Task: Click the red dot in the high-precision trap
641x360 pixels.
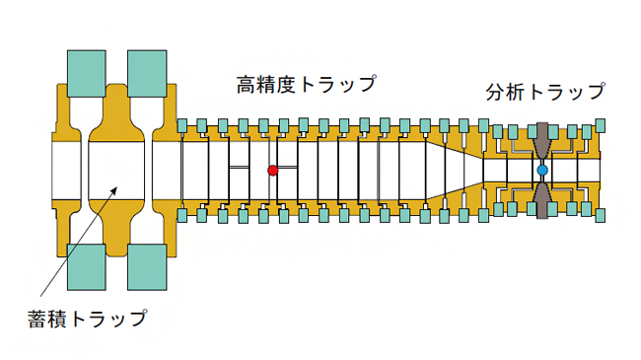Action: (273, 171)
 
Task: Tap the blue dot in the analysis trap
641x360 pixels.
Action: (541, 171)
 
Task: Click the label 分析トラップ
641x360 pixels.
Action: (545, 94)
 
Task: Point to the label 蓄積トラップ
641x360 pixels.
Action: (88, 318)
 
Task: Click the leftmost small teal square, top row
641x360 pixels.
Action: (182, 125)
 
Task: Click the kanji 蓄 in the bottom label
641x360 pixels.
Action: (37, 318)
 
